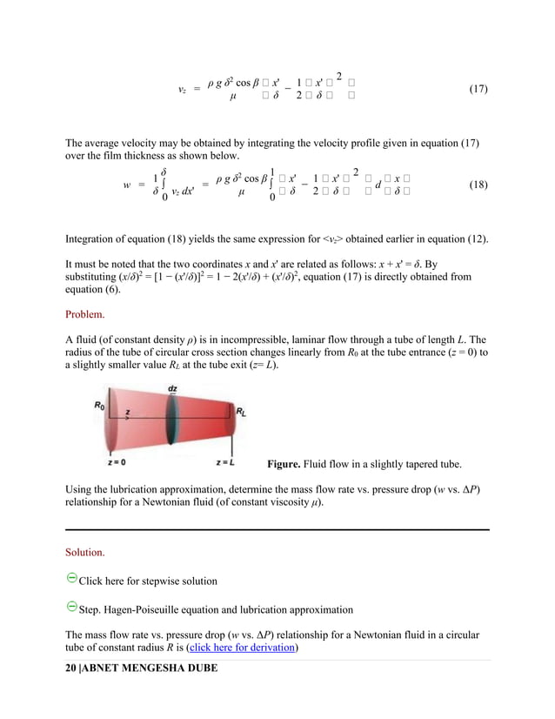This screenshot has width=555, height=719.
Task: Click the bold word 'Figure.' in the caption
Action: tap(288, 464)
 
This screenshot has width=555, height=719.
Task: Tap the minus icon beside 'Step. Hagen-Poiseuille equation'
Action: tap(71, 606)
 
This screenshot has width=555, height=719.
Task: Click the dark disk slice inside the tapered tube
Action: tap(174, 424)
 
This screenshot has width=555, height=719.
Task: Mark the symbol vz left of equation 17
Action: tap(181, 90)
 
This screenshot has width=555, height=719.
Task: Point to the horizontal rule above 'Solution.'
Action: tap(277, 529)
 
